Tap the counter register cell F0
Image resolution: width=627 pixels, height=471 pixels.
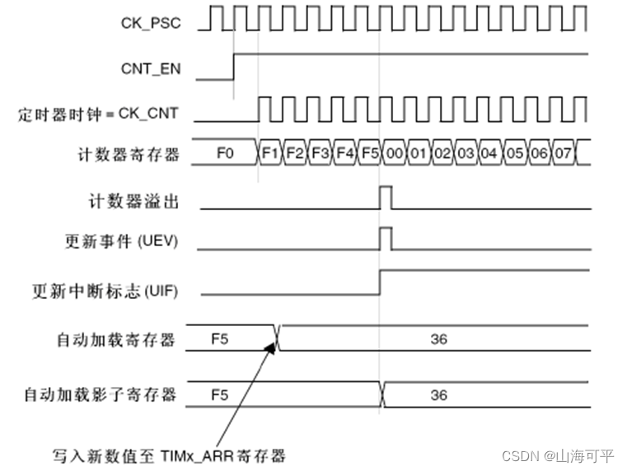[225, 153]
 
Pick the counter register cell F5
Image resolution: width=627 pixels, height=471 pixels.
[370, 153]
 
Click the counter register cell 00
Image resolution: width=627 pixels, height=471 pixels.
[395, 153]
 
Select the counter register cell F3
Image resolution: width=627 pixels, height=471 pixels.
[321, 153]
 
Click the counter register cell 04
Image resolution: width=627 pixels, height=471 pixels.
[490, 153]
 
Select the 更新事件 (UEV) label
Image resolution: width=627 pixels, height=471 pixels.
[121, 242]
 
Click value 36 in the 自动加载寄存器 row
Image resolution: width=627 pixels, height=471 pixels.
[438, 338]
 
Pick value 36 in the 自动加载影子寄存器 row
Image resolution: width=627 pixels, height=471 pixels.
[438, 395]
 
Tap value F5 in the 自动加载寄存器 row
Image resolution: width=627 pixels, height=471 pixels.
[220, 338]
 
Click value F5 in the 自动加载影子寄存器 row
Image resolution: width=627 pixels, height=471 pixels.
[220, 395]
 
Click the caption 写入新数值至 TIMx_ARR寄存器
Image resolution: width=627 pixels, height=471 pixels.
[169, 455]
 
